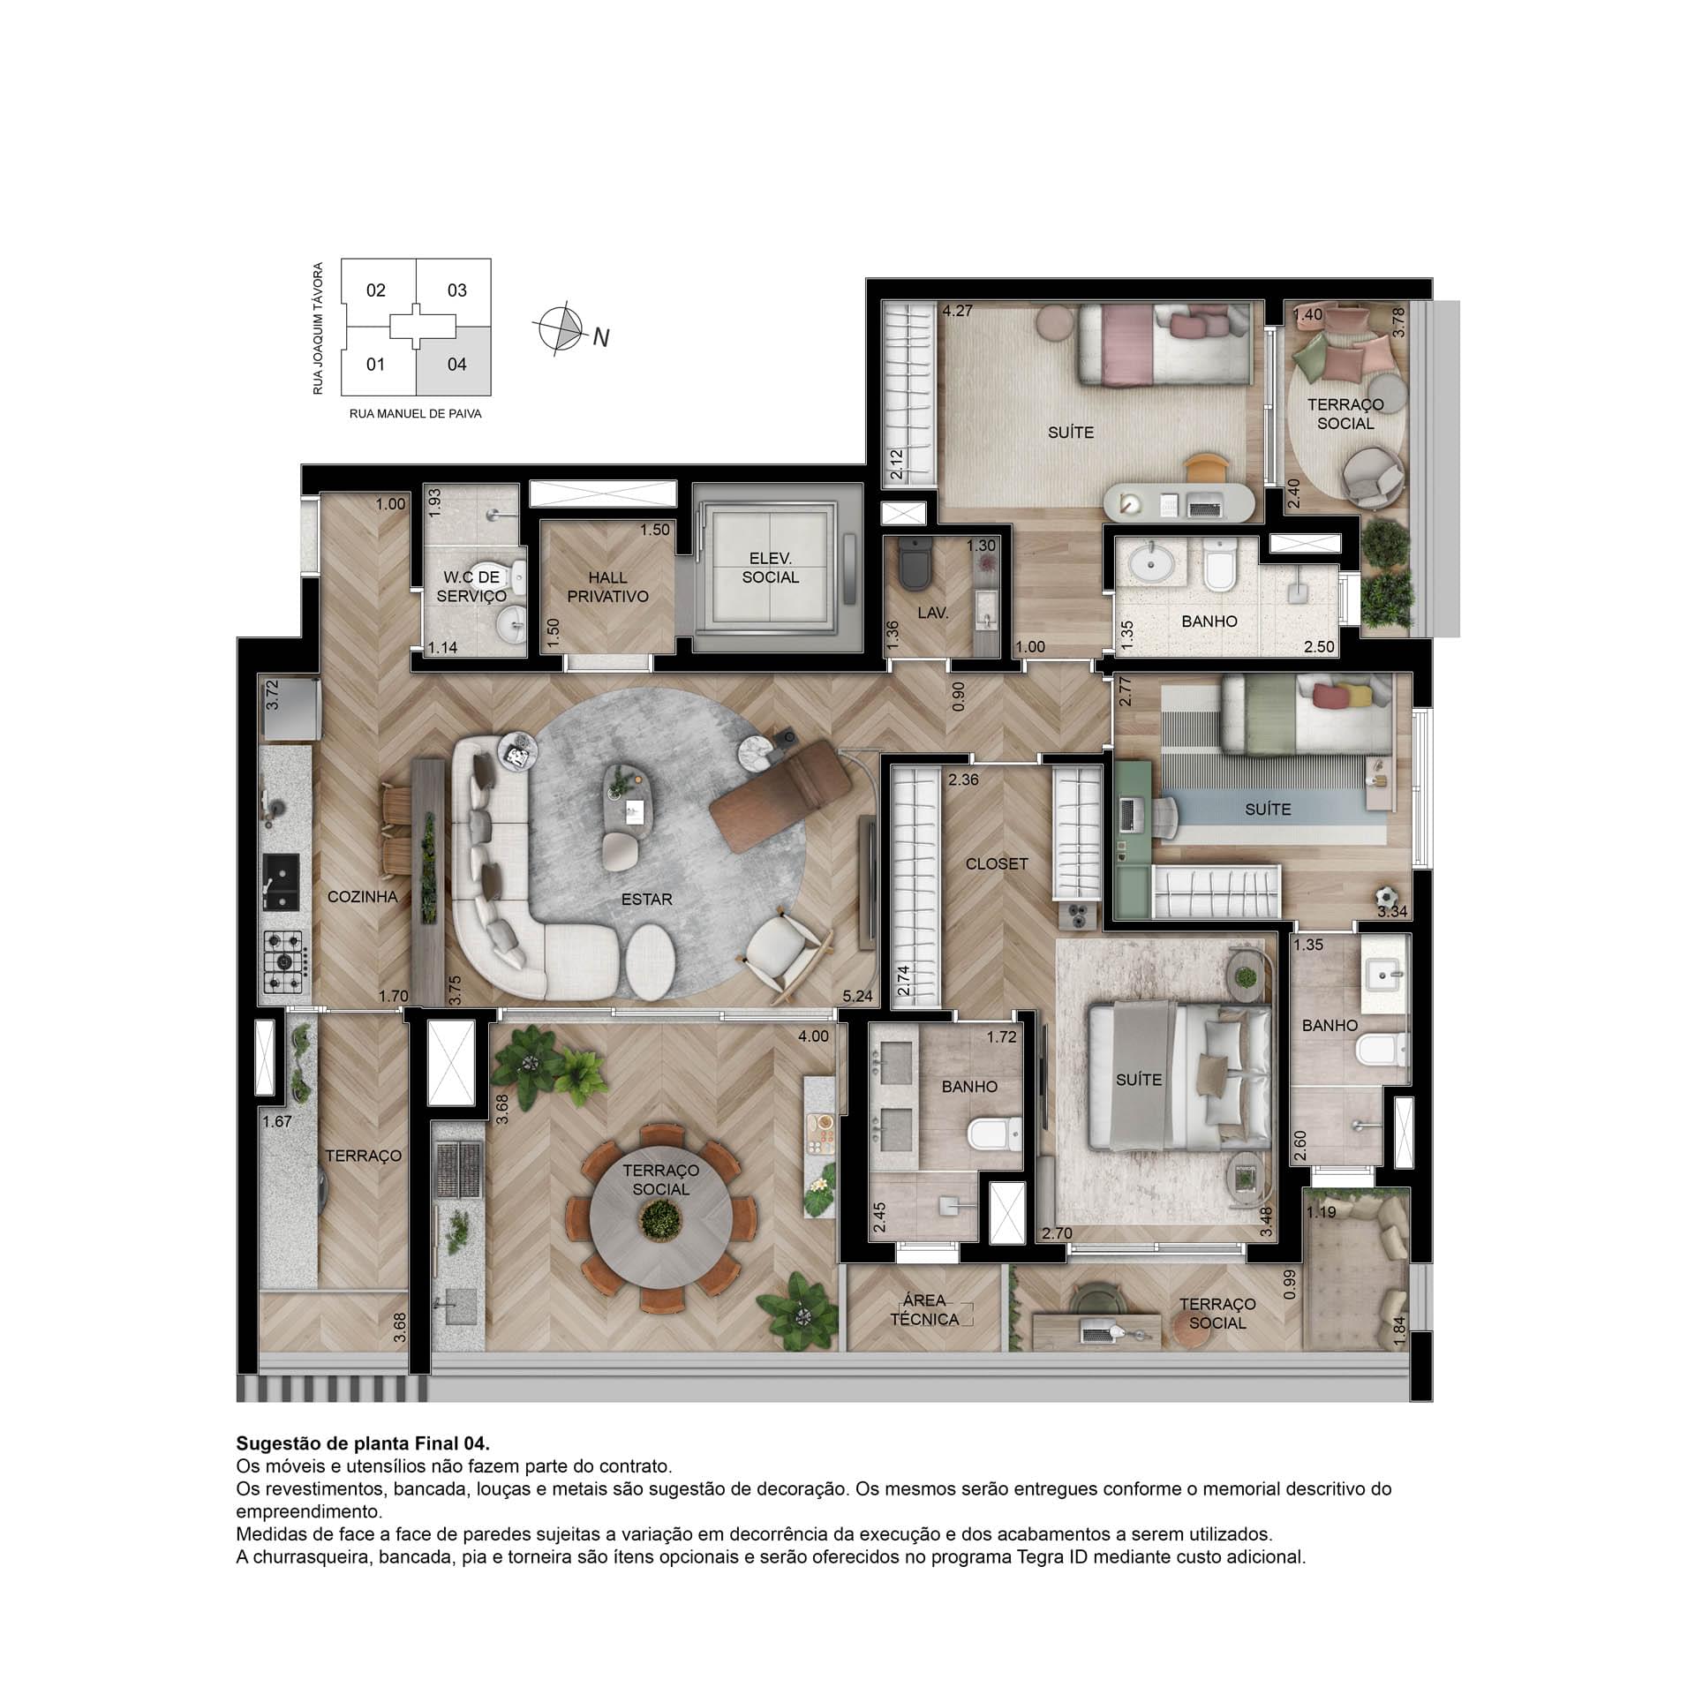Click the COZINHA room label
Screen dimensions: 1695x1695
(x=362, y=897)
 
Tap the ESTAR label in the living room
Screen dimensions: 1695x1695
(x=646, y=900)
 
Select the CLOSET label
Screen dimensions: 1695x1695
(x=997, y=863)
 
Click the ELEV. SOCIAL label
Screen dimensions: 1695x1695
(x=770, y=568)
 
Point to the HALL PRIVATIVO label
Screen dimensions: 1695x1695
(x=607, y=587)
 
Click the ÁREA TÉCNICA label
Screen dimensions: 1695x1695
(x=924, y=1310)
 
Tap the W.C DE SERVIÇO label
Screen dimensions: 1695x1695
(x=471, y=586)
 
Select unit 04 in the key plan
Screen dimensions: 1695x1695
(x=456, y=365)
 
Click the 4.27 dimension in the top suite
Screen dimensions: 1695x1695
(x=957, y=311)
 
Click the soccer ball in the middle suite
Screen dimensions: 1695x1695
(x=1386, y=893)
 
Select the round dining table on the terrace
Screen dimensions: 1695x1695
(x=660, y=1221)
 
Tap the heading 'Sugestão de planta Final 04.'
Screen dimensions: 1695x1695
(x=363, y=1444)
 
